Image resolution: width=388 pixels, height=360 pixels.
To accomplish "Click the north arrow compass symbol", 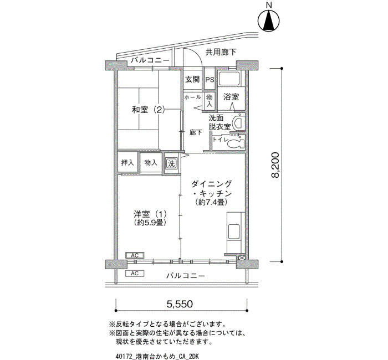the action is [269, 21].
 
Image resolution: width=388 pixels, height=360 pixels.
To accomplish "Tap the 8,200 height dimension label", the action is [275, 165].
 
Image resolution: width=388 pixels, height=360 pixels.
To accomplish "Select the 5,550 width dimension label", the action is [180, 304].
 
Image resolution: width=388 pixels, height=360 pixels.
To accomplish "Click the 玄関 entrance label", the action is [192, 79].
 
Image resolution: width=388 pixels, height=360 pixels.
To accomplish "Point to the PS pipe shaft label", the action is [210, 80].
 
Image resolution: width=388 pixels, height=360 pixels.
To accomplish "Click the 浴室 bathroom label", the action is [231, 97].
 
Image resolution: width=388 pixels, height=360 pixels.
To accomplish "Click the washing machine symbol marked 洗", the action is [171, 163].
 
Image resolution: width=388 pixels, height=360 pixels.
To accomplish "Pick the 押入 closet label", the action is [127, 163].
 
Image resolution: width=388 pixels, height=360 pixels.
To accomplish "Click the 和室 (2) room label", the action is [148, 110].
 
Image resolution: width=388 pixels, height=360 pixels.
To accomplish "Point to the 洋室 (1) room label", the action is [150, 213].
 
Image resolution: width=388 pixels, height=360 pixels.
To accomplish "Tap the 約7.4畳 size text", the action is [211, 202].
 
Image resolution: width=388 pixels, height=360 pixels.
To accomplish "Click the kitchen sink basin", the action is [233, 232].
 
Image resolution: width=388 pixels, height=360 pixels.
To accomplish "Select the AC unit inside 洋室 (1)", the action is [135, 255].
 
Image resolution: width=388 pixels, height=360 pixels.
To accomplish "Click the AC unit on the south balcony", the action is [135, 274].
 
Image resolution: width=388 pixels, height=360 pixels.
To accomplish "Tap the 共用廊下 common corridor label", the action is [221, 52].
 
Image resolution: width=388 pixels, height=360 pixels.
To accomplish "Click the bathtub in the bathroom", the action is [229, 79].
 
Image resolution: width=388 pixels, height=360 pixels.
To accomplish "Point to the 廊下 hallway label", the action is [196, 133].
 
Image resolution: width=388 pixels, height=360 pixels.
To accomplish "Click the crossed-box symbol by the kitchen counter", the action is [241, 258].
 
